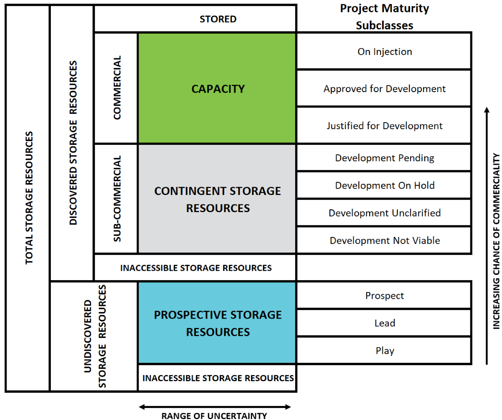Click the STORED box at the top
218,19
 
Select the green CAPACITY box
217,89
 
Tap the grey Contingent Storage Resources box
217,199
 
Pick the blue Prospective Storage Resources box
217,323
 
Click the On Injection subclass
384,51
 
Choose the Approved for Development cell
384,89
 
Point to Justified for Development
384,126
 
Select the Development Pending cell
384,158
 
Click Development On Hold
384,186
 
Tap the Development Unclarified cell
384,213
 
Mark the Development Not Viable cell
384,241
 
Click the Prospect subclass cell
384,296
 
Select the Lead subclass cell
384,323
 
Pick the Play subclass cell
384,351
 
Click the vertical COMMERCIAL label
117,88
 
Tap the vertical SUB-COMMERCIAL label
117,199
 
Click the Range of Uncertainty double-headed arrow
215,407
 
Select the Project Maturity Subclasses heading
384,17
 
